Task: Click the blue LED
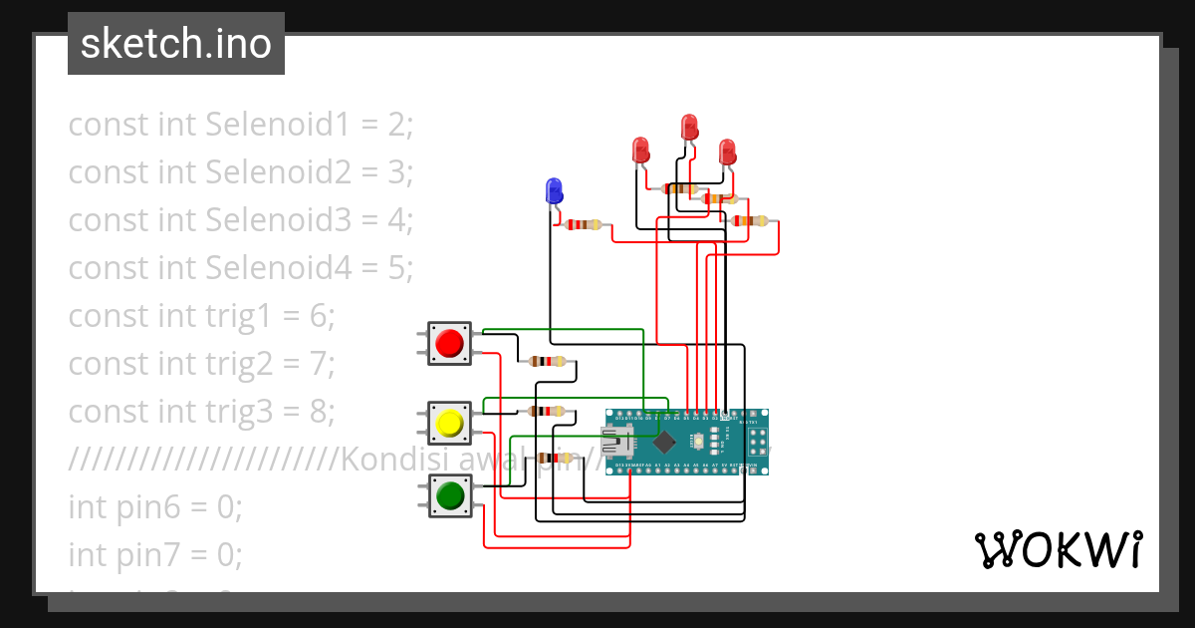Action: coord(554,189)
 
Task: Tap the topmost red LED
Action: coord(689,127)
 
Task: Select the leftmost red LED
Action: coord(641,151)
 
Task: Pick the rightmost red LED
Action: coord(728,152)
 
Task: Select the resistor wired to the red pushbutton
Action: coord(547,361)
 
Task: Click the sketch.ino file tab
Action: coord(176,44)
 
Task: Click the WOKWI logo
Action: coord(1058,550)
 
